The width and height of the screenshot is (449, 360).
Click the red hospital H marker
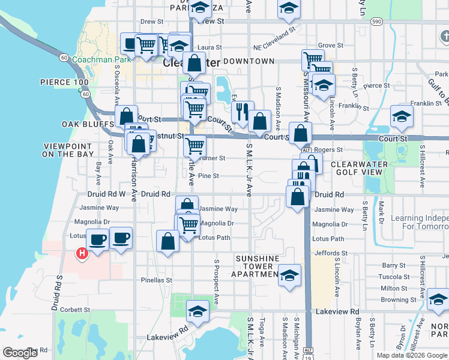[81, 254]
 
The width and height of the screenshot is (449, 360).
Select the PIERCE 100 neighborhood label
[64, 82]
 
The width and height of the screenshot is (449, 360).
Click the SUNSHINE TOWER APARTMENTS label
[258, 266]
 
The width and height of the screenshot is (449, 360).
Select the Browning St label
[399, 299]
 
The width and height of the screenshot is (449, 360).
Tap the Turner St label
[213, 158]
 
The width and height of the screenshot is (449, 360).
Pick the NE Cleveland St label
[275, 46]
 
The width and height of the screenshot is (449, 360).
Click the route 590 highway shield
[376, 22]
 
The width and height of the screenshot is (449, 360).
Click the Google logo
[20, 353]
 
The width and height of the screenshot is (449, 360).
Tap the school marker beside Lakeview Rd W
[197, 312]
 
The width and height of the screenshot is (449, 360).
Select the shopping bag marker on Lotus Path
[167, 241]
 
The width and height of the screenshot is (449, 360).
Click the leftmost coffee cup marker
[98, 240]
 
